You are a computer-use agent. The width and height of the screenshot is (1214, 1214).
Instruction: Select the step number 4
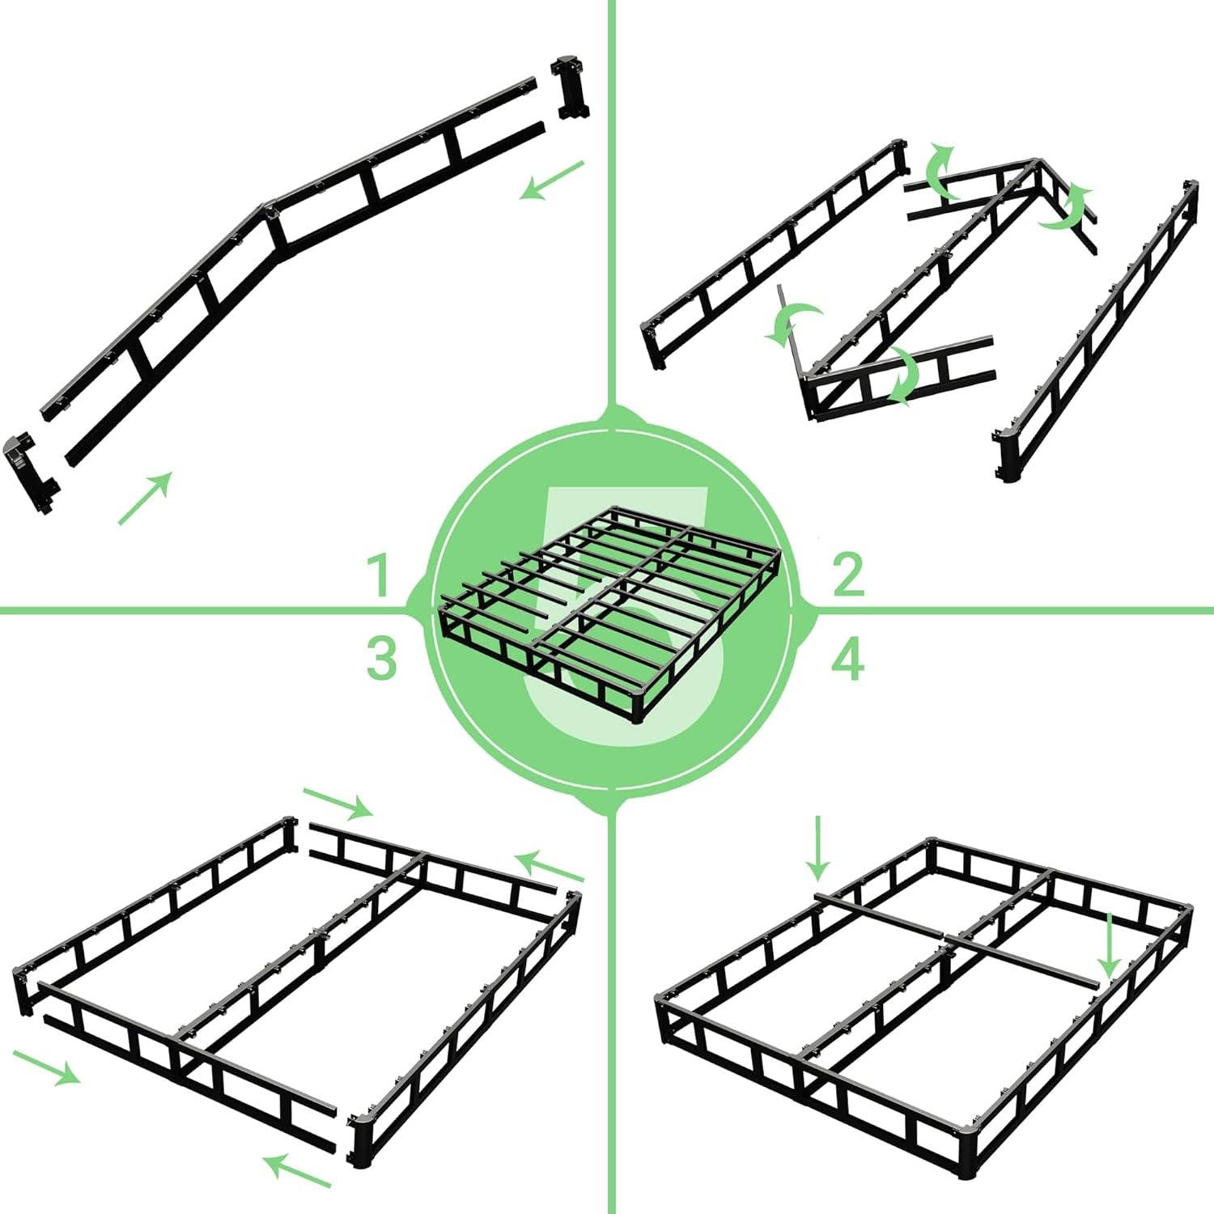847,660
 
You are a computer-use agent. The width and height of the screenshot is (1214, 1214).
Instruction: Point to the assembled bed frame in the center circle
611,611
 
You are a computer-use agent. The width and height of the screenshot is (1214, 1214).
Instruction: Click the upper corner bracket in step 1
571,87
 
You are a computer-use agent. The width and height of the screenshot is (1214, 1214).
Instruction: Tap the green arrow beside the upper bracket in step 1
553,180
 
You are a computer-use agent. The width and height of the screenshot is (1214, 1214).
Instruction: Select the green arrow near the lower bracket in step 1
146,499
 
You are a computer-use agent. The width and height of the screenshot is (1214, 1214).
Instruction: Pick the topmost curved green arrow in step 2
940,170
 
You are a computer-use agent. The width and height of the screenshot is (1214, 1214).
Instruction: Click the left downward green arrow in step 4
818,848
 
